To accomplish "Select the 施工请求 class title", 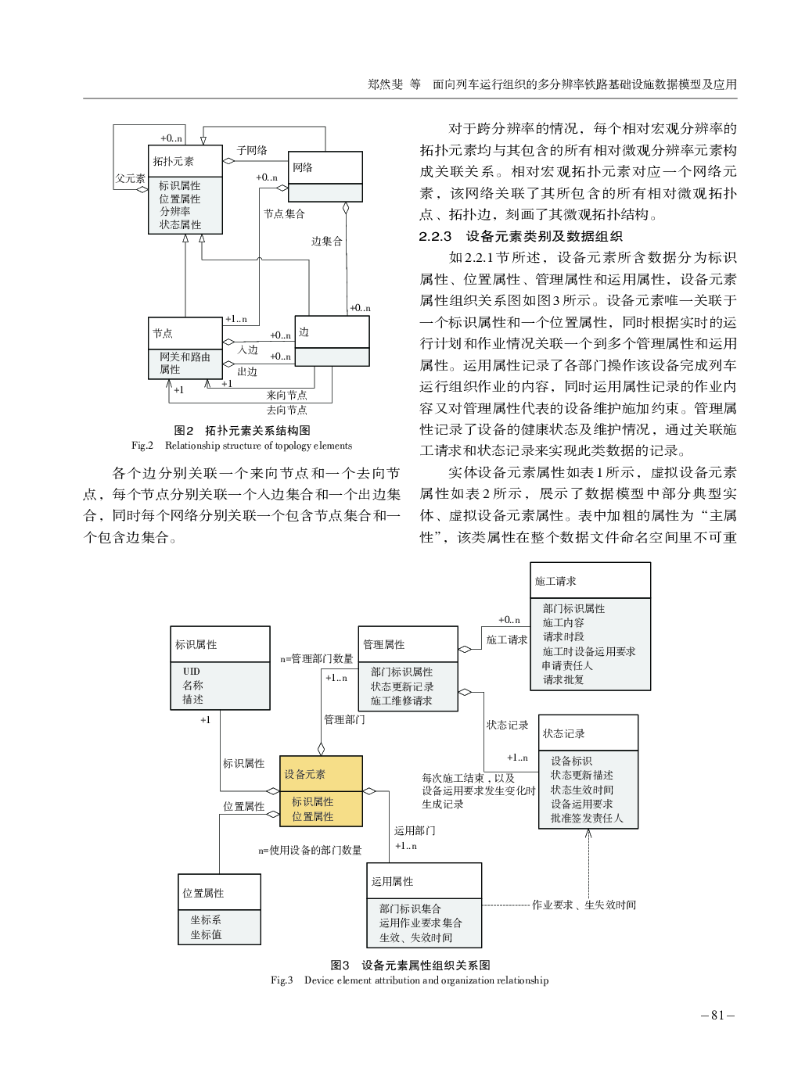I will click(x=555, y=581).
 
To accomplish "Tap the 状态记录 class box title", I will click(x=563, y=733).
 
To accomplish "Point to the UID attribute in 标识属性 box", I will click(x=192, y=671).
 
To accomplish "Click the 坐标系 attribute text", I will click(x=206, y=920).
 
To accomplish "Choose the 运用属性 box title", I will click(x=392, y=881).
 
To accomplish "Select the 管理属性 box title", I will click(x=383, y=644).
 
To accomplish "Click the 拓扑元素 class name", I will click(x=173, y=161).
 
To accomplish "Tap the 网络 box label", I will click(x=303, y=167).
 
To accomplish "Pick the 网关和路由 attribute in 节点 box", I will click(x=185, y=357).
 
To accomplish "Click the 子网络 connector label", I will click(x=252, y=150).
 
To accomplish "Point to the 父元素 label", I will click(x=130, y=178).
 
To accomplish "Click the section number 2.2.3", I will click(x=435, y=236).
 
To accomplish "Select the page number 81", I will click(x=717, y=1015).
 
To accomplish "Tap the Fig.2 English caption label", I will click(x=142, y=446).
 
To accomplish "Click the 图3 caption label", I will click(x=340, y=965).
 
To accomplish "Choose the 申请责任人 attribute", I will click(x=567, y=665).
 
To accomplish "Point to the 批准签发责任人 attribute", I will click(x=587, y=818).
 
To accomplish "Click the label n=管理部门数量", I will click(x=317, y=658).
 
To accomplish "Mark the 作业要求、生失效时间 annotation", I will click(x=584, y=905).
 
